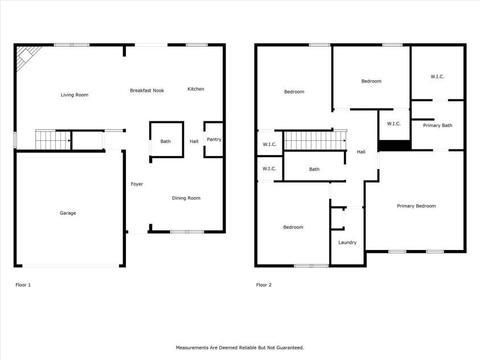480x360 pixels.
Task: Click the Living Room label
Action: point(75,95)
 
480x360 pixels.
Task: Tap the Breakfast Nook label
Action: point(147,91)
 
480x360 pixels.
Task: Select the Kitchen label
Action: point(196,89)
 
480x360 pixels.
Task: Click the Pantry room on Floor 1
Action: point(214,140)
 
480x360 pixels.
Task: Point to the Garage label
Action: point(68,213)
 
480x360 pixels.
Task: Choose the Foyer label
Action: point(137,184)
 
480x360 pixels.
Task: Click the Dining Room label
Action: point(186,198)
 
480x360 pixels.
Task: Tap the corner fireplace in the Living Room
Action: point(27,56)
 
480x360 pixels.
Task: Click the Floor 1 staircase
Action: point(54,140)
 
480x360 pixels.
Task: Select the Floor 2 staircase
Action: point(315,141)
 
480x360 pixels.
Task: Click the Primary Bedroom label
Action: point(416,206)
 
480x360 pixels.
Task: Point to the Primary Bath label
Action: point(437,125)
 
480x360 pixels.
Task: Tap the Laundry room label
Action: point(347,243)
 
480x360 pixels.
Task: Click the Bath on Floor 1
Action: point(166,140)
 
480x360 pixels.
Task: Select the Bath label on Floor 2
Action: point(314,169)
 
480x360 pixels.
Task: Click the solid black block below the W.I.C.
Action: point(395,145)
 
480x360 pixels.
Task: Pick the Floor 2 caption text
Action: point(264,285)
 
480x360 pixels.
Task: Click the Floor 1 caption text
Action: point(23,285)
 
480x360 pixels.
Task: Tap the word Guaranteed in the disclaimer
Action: point(290,348)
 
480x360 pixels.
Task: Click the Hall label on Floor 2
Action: point(361,152)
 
